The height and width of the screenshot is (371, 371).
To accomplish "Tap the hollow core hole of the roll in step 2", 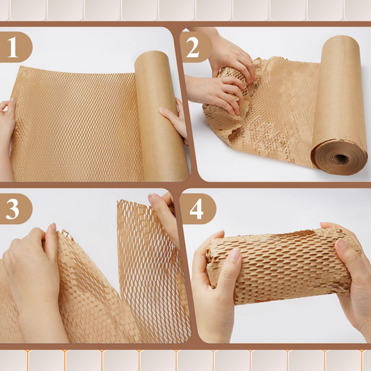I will (341, 158).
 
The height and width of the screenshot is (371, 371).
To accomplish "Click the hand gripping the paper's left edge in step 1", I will (7, 118).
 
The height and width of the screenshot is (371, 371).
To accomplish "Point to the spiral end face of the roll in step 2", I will (340, 157).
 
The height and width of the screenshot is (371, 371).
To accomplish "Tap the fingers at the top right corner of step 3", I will (164, 209).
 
